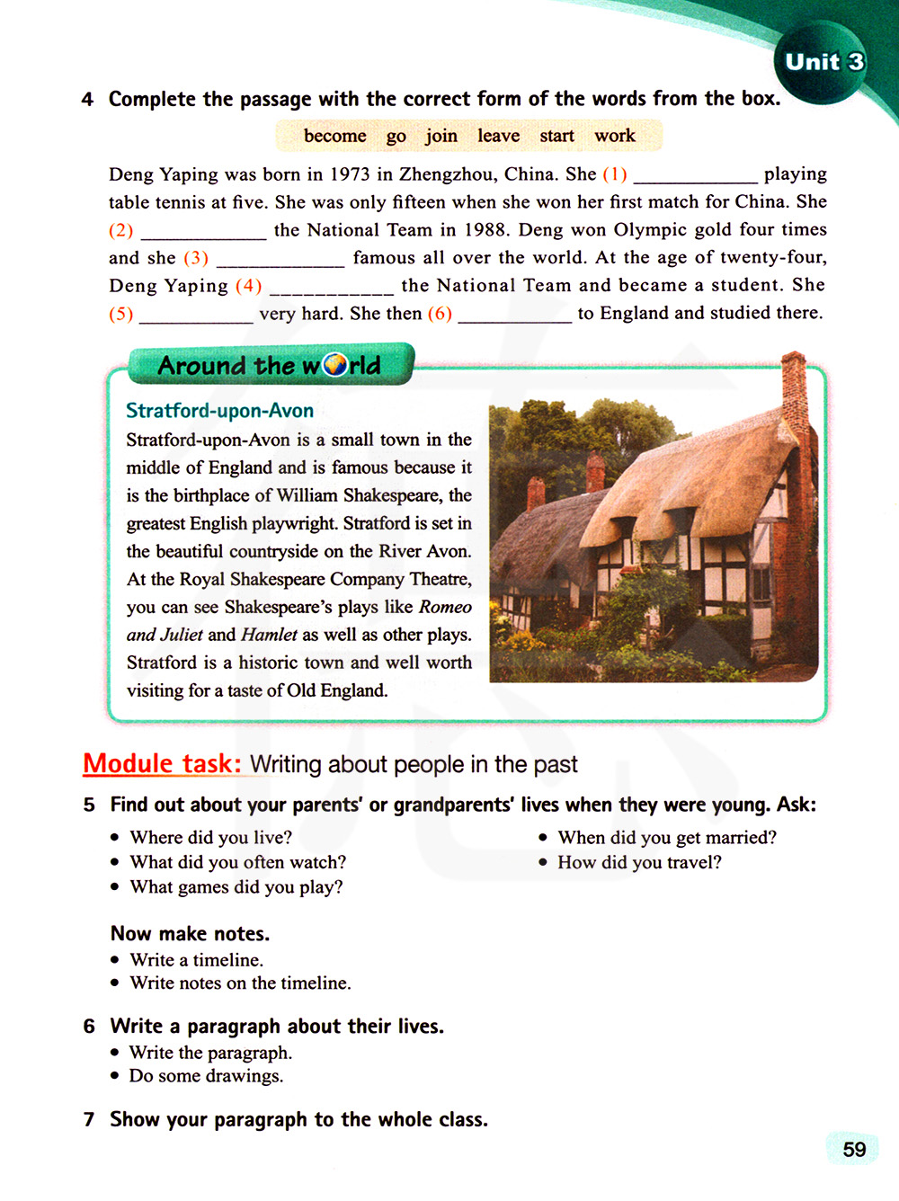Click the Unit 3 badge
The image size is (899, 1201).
[x=823, y=62]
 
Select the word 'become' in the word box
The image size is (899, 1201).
[x=334, y=136]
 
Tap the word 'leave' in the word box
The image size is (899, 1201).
[x=498, y=136]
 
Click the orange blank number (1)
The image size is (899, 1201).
[x=615, y=174]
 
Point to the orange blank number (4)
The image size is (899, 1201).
[x=248, y=286]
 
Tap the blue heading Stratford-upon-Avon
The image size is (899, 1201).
[x=219, y=411]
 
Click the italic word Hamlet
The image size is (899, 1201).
[x=269, y=635]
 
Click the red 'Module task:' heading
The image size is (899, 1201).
[x=162, y=763]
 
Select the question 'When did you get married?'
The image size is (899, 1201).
[x=666, y=838]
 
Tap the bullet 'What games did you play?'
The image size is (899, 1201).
[x=236, y=887]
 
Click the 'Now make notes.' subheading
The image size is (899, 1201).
[x=190, y=933]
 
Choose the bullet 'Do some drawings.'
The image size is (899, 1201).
[x=206, y=1076]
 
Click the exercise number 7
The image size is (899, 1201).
[x=89, y=1120]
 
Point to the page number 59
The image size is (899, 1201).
[x=853, y=1149]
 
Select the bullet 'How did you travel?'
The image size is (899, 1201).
[x=639, y=863]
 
